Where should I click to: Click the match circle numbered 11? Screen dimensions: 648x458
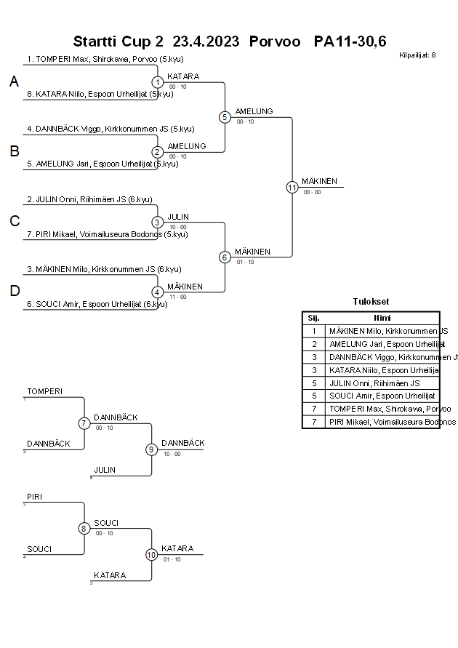pyautogui.click(x=292, y=187)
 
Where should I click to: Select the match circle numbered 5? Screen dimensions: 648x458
pyautogui.click(x=225, y=116)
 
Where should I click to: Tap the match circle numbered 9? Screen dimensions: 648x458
pyautogui.click(x=152, y=449)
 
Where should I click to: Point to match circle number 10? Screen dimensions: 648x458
pyautogui.click(x=152, y=554)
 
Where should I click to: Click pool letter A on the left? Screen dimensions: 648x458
pyautogui.click(x=14, y=82)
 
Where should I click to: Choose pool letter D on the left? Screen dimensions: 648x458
pyautogui.click(x=14, y=291)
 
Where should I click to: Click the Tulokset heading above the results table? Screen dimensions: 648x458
pyautogui.click(x=371, y=301)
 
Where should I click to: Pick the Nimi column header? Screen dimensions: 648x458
pyautogui.click(x=382, y=318)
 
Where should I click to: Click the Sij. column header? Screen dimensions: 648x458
pyautogui.click(x=314, y=318)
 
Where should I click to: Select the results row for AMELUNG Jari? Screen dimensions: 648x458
pyautogui.click(x=382, y=344)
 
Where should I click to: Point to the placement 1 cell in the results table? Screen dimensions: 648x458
pyautogui.click(x=314, y=331)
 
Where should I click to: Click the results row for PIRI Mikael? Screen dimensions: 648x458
pyautogui.click(x=382, y=422)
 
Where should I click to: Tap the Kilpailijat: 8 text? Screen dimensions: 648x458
pyautogui.click(x=417, y=55)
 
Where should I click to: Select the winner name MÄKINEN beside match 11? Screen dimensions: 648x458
pyautogui.click(x=320, y=181)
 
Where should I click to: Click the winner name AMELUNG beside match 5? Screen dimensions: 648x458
pyautogui.click(x=254, y=111)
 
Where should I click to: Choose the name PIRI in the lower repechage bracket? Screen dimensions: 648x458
pyautogui.click(x=34, y=497)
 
